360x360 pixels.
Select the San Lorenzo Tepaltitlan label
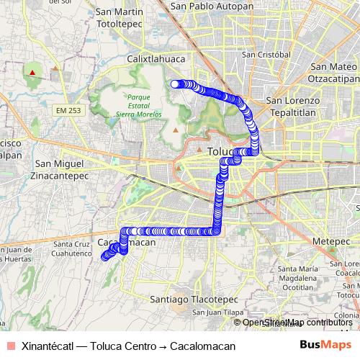[289, 107]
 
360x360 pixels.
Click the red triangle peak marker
[32, 72]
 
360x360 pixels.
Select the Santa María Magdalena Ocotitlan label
[287, 277]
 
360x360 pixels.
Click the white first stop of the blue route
[174, 84]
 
